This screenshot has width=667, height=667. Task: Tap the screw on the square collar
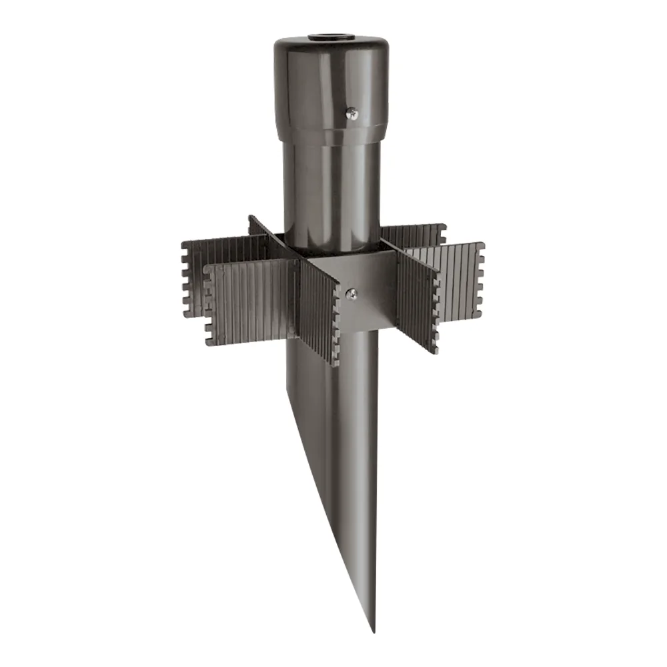pyautogui.click(x=352, y=291)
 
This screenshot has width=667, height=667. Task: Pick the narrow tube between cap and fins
pyautogui.click(x=330, y=187)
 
